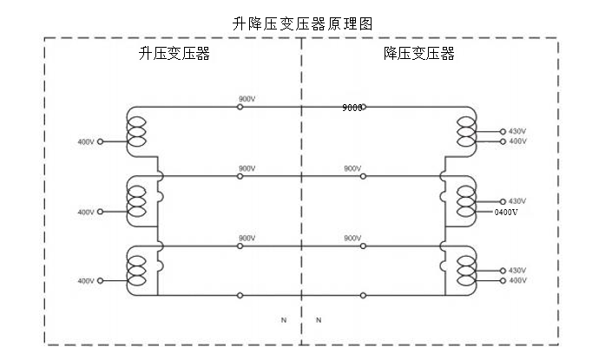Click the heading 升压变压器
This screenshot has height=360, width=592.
[x=174, y=54]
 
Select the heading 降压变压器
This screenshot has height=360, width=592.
[x=419, y=54]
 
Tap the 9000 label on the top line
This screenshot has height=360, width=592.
[x=352, y=108]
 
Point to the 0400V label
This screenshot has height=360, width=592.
[x=505, y=212]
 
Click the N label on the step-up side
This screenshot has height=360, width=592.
[x=283, y=320]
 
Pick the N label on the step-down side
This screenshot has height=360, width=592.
[x=318, y=320]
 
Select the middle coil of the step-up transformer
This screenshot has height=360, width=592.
[x=136, y=200]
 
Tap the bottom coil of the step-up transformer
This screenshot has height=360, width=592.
[x=136, y=270]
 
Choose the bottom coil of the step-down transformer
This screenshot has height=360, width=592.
[x=466, y=270]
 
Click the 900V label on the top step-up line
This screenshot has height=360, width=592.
[x=247, y=99]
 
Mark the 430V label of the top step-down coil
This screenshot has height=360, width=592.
[x=517, y=131]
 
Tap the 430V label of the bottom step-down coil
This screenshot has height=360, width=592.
[x=517, y=270]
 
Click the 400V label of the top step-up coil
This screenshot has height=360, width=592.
[x=85, y=141]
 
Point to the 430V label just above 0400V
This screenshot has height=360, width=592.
[x=517, y=200]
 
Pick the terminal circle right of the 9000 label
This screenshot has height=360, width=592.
[x=364, y=108]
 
